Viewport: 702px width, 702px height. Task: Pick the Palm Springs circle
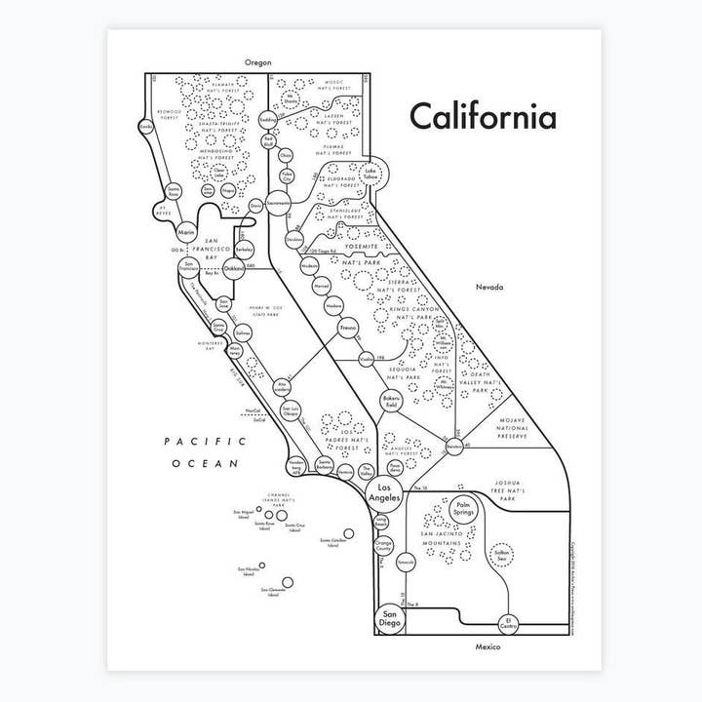coord(463,509)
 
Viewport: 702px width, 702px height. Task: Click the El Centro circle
coord(508,620)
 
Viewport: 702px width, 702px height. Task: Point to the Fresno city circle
coord(347,332)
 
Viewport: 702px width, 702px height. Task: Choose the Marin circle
coord(187,232)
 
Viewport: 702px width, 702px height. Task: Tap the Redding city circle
coord(268,120)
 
